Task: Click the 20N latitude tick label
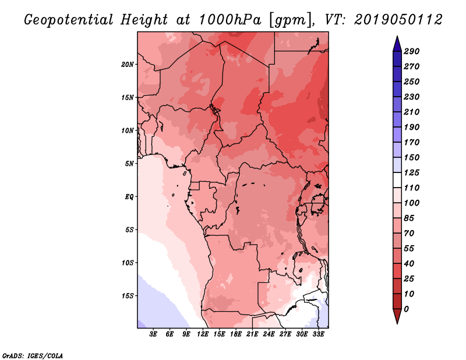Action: click(x=128, y=64)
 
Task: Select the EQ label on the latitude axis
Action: click(x=129, y=196)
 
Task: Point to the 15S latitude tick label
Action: click(x=128, y=295)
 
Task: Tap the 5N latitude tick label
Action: click(x=129, y=163)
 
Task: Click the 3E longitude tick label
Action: click(x=154, y=334)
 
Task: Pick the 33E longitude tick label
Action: click(x=317, y=334)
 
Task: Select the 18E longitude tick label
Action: click(x=236, y=334)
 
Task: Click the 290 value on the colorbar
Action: click(x=412, y=51)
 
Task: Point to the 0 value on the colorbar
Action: click(x=406, y=309)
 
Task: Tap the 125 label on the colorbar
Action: click(x=412, y=172)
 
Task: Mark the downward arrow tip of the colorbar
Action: click(x=396, y=322)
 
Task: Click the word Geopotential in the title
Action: click(x=68, y=20)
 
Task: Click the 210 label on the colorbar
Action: click(x=412, y=112)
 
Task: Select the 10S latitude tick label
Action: click(x=128, y=262)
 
